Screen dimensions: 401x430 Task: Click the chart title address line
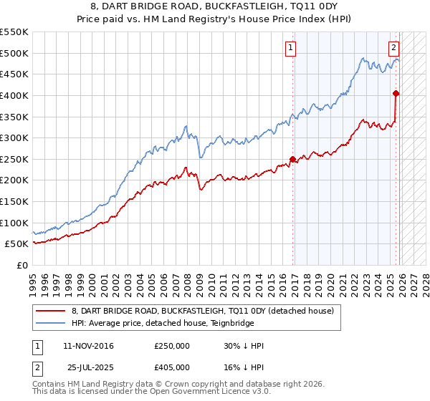pos(214,7)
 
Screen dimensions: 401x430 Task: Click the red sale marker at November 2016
pos(292,159)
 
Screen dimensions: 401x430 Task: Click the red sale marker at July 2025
pos(396,92)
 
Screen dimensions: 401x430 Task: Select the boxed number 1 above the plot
pos(290,48)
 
